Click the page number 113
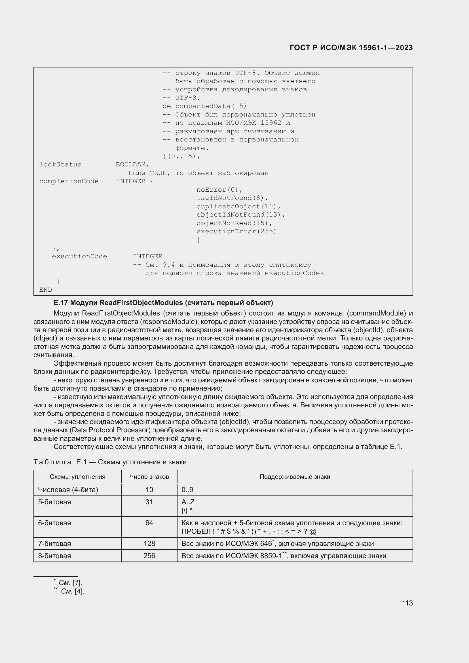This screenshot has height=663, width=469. pyautogui.click(x=407, y=603)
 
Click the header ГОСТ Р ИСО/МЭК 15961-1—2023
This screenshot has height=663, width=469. pyautogui.click(x=351, y=48)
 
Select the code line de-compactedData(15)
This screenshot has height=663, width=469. pyautogui.click(x=204, y=106)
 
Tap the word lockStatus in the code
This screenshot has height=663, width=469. pyautogui.click(x=60, y=165)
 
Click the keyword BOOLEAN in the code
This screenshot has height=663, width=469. pyautogui.click(x=132, y=165)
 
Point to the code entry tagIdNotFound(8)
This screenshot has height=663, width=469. pyautogui.click(x=232, y=198)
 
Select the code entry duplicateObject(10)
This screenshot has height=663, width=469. pyautogui.click(x=238, y=206)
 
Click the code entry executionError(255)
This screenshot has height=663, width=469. pyautogui.click(x=236, y=232)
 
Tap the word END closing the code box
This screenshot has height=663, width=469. pyautogui.click(x=46, y=290)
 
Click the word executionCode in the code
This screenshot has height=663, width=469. pyautogui.click(x=79, y=257)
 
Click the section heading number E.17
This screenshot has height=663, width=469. pyautogui.click(x=61, y=303)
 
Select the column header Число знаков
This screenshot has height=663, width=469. pyautogui.click(x=149, y=477)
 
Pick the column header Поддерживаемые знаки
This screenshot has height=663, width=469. pyautogui.click(x=295, y=477)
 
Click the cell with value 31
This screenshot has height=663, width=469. pyautogui.click(x=149, y=502)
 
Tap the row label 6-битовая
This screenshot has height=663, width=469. pyautogui.click(x=54, y=523)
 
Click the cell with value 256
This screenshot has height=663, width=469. pyautogui.click(x=149, y=556)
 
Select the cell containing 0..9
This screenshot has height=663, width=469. pyautogui.click(x=187, y=490)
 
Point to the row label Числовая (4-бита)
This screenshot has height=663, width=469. pyautogui.click(x=68, y=490)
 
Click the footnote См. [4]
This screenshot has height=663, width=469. pyautogui.click(x=73, y=591)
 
